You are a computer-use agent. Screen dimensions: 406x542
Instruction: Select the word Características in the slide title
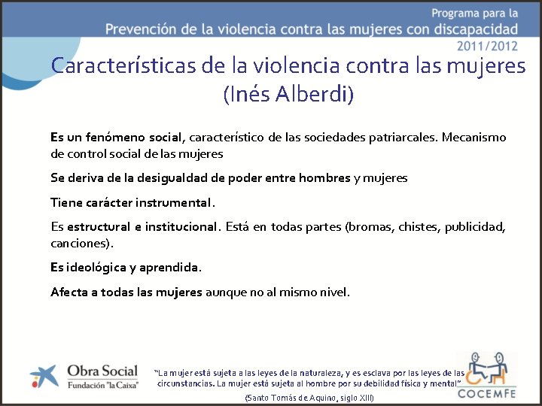(x=123, y=66)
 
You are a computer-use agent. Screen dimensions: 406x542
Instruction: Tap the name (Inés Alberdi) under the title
(x=288, y=95)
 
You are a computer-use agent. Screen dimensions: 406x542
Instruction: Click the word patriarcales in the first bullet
(x=403, y=138)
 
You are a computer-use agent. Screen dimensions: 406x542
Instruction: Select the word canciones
(x=81, y=243)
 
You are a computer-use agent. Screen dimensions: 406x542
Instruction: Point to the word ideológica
(x=95, y=268)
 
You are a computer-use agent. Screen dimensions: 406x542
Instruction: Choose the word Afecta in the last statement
(x=69, y=292)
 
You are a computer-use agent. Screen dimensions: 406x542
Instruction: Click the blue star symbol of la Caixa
(x=43, y=377)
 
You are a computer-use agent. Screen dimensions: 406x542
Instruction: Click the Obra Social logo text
(x=102, y=370)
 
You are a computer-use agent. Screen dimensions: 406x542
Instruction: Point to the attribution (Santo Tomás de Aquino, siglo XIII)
(x=310, y=397)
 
